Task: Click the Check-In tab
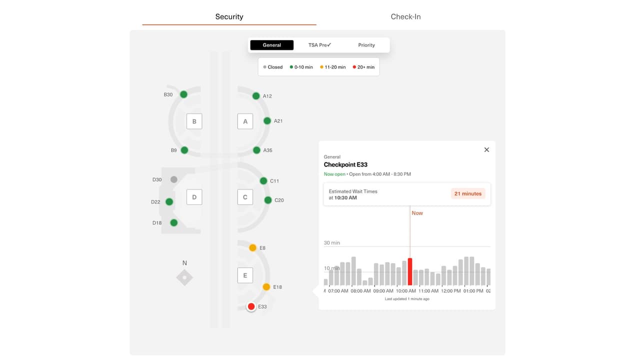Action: pyautogui.click(x=405, y=16)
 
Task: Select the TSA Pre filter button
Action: pyautogui.click(x=319, y=45)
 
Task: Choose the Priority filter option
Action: pyautogui.click(x=366, y=45)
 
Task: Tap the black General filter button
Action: pyautogui.click(x=272, y=45)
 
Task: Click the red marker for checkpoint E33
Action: pyautogui.click(x=251, y=306)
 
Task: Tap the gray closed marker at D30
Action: pyautogui.click(x=173, y=179)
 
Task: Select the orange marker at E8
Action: pyautogui.click(x=252, y=247)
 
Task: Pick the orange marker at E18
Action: pyautogui.click(x=266, y=287)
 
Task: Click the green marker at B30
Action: pyautogui.click(x=183, y=94)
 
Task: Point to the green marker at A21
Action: pyautogui.click(x=267, y=121)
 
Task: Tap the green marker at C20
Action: pyautogui.click(x=268, y=200)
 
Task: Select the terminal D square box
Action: pyautogui.click(x=194, y=197)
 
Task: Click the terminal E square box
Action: pyautogui.click(x=245, y=275)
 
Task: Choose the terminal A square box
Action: pyautogui.click(x=245, y=121)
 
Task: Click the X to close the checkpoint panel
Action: pyautogui.click(x=486, y=150)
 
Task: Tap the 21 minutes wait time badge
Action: pyautogui.click(x=468, y=193)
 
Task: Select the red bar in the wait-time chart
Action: pyautogui.click(x=410, y=271)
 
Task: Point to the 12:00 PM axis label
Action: pyautogui.click(x=450, y=291)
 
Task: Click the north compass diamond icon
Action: pyautogui.click(x=184, y=277)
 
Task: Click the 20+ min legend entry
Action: pyautogui.click(x=363, y=67)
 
